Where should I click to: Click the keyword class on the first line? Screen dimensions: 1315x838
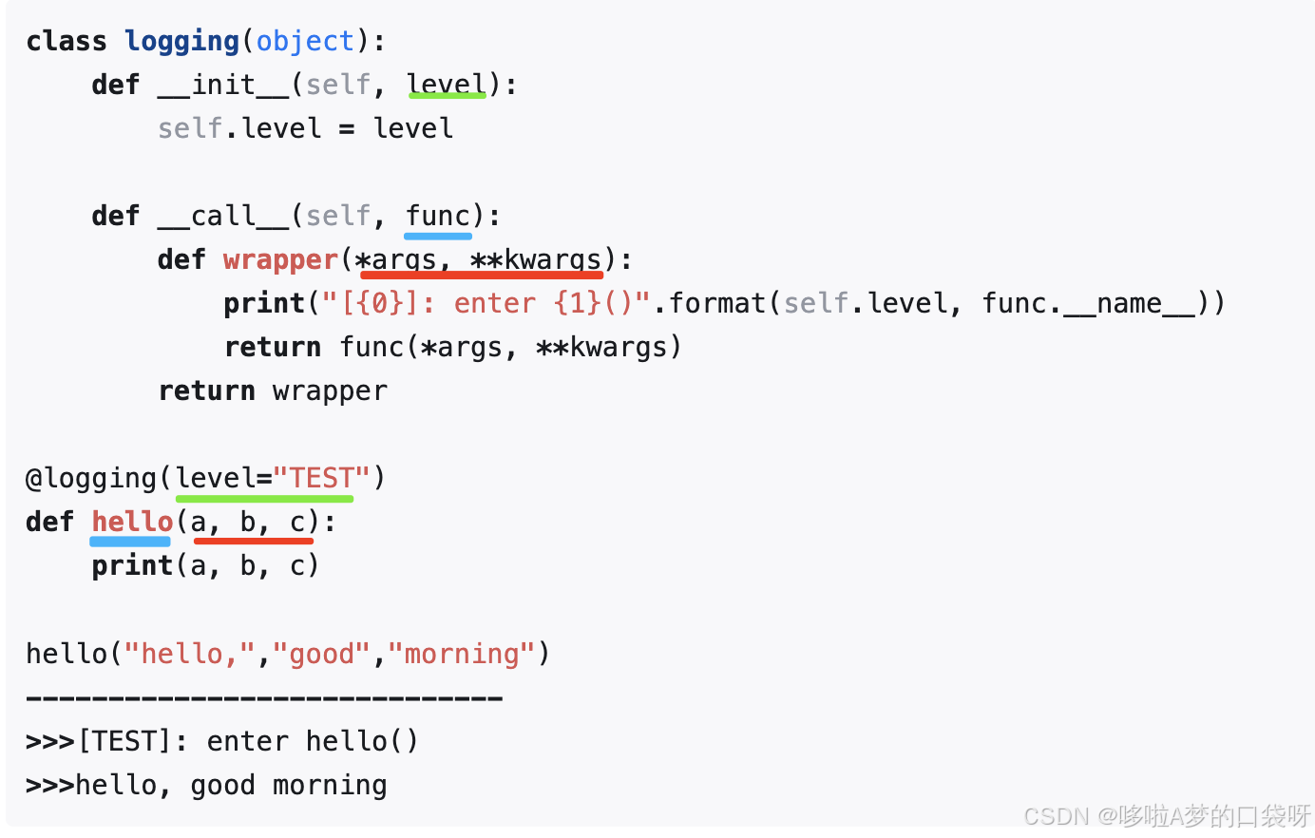(x=67, y=42)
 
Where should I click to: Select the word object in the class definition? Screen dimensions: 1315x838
(x=305, y=42)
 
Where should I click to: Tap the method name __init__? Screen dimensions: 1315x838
(x=223, y=86)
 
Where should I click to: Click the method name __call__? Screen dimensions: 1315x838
(x=223, y=217)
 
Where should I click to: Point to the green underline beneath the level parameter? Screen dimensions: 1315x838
(x=447, y=96)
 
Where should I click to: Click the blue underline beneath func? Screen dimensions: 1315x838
(x=438, y=236)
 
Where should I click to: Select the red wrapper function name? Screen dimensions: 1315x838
(x=280, y=260)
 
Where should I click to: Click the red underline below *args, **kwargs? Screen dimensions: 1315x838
(x=482, y=275)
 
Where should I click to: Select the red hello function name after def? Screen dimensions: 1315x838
(x=132, y=522)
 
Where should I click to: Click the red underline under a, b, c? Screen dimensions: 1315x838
(x=254, y=541)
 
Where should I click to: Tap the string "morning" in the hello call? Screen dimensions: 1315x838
(x=462, y=654)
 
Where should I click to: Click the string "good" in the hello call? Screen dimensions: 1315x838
(x=321, y=654)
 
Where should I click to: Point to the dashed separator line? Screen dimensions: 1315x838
(x=264, y=698)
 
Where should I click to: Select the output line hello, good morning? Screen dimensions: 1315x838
(x=231, y=786)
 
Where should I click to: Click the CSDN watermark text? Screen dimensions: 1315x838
(x=1167, y=815)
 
